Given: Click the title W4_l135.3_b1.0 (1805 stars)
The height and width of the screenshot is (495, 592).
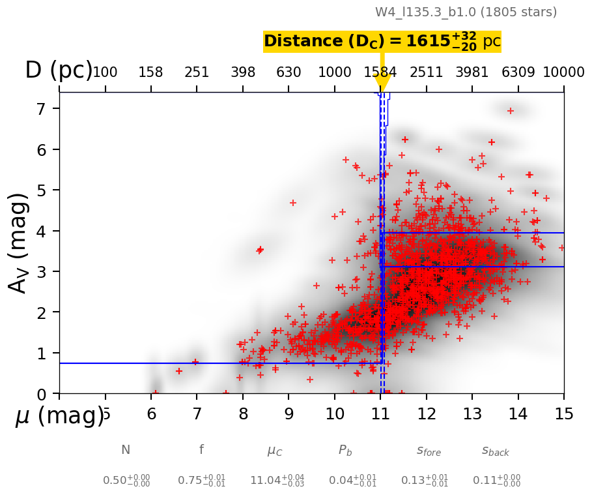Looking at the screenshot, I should pyautogui.click(x=466, y=12).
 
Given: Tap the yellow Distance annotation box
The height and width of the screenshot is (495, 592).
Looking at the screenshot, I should pyautogui.click(x=382, y=41).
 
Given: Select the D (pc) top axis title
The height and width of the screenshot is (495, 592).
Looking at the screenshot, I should pyautogui.click(x=59, y=70).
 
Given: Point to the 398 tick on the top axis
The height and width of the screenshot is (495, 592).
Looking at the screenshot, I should pyautogui.click(x=243, y=72).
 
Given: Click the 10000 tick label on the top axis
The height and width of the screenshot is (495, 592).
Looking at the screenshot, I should pyautogui.click(x=563, y=72).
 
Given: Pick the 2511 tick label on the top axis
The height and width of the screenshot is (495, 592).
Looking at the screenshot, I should pyautogui.click(x=426, y=72).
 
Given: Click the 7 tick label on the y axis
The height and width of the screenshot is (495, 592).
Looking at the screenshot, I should pyautogui.click(x=44, y=109).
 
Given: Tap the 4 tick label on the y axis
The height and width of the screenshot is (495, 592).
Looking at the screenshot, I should pyautogui.click(x=44, y=231).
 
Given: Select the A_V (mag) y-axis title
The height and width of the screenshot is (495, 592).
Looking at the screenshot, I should pyautogui.click(x=20, y=243).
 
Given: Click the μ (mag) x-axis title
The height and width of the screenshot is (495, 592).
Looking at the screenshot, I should pyautogui.click(x=59, y=415).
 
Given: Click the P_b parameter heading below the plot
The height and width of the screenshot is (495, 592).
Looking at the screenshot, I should pyautogui.click(x=345, y=450).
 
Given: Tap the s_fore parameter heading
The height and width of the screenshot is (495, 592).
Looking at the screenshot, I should pyautogui.click(x=429, y=450).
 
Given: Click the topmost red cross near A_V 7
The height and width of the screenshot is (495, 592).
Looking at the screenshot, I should pyautogui.click(x=511, y=111).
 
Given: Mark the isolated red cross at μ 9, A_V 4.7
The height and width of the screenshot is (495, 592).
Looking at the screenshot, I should pyautogui.click(x=293, y=203).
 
